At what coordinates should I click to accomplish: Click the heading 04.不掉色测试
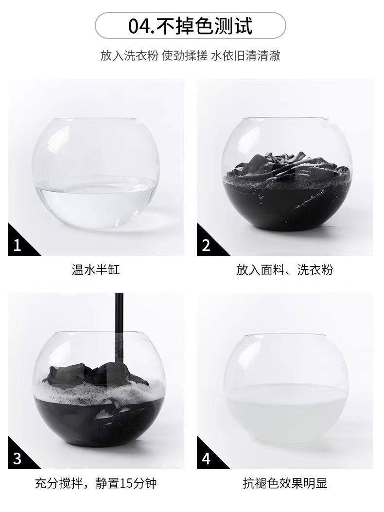tap(191, 26)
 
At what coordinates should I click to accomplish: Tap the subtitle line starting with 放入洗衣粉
tap(191, 55)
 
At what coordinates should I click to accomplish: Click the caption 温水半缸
tap(96, 270)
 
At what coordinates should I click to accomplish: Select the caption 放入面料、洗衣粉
tap(285, 270)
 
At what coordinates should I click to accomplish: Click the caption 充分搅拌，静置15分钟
tap(96, 483)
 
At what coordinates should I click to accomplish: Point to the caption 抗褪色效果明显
tap(285, 483)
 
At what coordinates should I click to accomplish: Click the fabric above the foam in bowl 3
tap(95, 375)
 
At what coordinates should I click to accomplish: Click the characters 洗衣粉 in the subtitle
tap(142, 55)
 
